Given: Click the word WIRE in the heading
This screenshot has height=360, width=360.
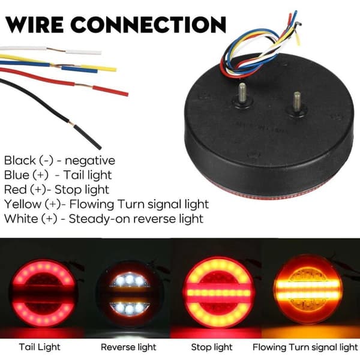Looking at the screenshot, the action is pyautogui.click(x=34, y=25).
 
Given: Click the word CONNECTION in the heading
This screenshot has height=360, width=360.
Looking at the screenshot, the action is pyautogui.click(x=148, y=25).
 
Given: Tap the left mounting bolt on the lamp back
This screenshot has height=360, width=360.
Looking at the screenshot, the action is pyautogui.click(x=243, y=94).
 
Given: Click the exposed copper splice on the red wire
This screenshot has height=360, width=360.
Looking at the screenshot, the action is pyautogui.click(x=84, y=85).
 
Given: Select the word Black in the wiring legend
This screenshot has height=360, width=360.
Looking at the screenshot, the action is pyautogui.click(x=20, y=160).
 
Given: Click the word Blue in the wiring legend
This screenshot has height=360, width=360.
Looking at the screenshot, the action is pyautogui.click(x=17, y=175).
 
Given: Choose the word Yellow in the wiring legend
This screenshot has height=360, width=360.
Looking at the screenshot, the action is pyautogui.click(x=23, y=205).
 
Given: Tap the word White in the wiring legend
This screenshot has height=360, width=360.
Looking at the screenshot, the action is pyautogui.click(x=21, y=218).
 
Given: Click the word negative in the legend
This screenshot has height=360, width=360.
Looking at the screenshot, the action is pyautogui.click(x=90, y=161).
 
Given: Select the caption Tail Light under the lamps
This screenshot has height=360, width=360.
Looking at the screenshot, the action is pyautogui.click(x=40, y=347).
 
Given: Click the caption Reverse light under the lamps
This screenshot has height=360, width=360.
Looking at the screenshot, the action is pyautogui.click(x=128, y=347).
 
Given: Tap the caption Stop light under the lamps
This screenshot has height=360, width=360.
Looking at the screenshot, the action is pyautogui.click(x=212, y=347).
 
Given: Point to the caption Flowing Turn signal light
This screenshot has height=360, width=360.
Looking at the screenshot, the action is pyautogui.click(x=305, y=347).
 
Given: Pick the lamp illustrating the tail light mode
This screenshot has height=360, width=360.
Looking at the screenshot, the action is pyautogui.click(x=43, y=293).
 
